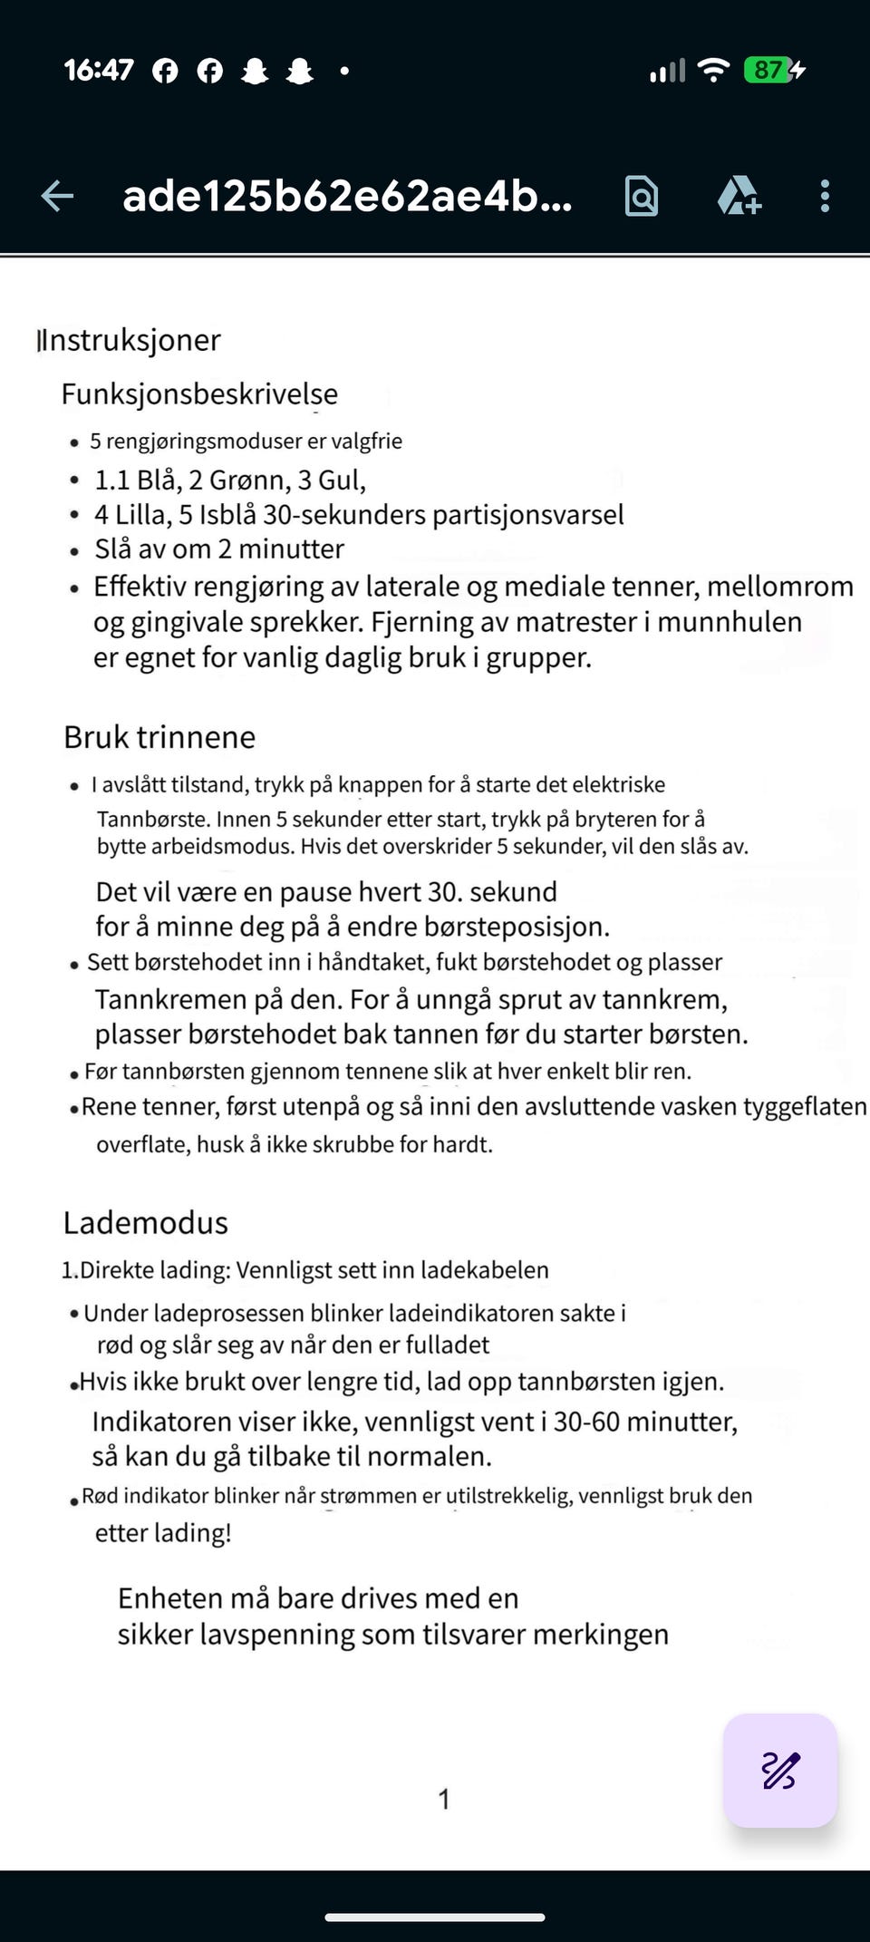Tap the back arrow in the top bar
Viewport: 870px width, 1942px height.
click(57, 196)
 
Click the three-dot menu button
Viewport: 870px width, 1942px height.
click(825, 196)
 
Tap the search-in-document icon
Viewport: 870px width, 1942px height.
click(642, 196)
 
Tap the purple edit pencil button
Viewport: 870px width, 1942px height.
click(779, 1770)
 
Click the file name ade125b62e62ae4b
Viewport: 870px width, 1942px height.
click(347, 196)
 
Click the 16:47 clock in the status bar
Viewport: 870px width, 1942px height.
click(99, 70)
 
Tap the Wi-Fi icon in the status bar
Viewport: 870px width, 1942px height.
click(715, 70)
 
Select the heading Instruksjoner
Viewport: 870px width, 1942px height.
click(129, 340)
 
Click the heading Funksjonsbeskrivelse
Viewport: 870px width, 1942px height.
click(199, 393)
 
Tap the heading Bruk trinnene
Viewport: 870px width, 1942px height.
click(159, 737)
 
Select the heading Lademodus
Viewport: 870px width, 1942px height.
click(146, 1222)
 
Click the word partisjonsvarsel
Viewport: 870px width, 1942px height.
click(527, 515)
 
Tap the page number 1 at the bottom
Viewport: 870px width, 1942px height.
click(444, 1799)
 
